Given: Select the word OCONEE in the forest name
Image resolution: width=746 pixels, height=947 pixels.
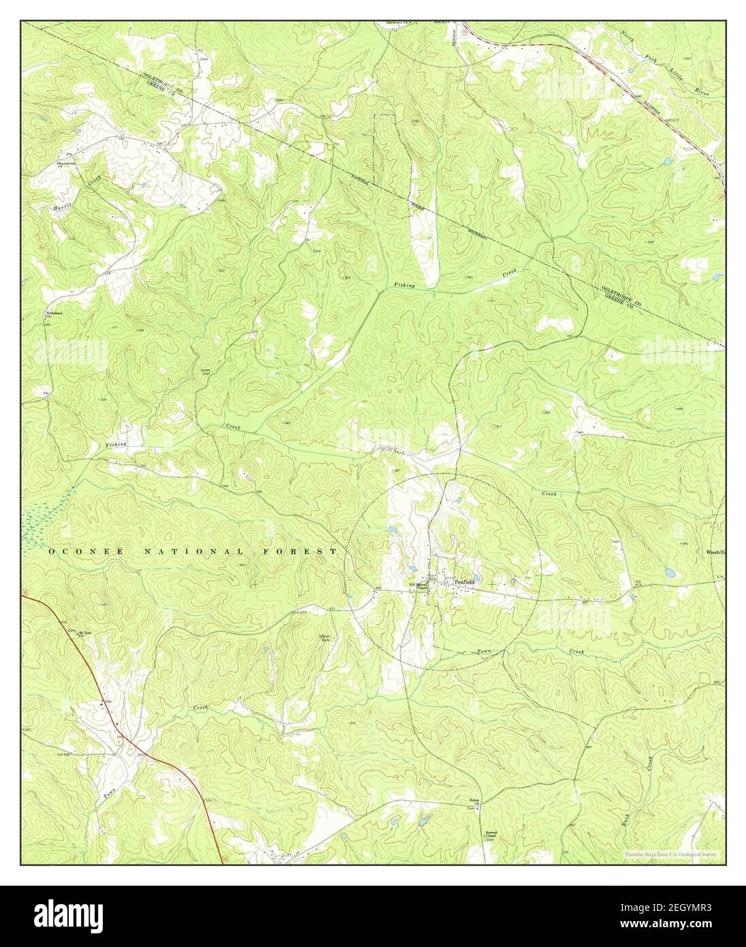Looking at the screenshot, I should [x=85, y=551].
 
